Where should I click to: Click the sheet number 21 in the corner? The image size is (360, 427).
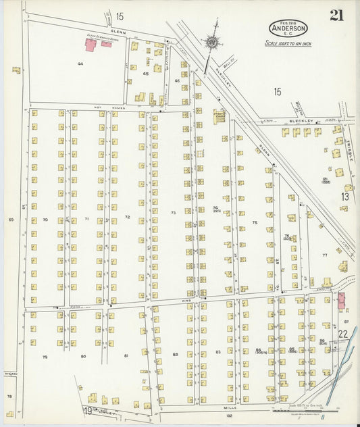coord(336,16)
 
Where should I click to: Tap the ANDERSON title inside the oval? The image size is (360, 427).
coord(288,28)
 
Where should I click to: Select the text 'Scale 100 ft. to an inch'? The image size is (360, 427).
coord(288,43)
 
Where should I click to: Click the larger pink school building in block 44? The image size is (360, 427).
coord(91,45)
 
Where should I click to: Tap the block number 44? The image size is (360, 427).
coord(80,64)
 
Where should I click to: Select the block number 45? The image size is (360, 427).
coord(145,74)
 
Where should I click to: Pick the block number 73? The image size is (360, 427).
coord(173,213)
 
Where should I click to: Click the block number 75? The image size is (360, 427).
coord(255,222)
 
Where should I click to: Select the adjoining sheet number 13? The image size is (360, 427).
coord(345,197)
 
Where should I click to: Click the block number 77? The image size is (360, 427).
coord(324,255)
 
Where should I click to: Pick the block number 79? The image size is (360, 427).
coord(45,356)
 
